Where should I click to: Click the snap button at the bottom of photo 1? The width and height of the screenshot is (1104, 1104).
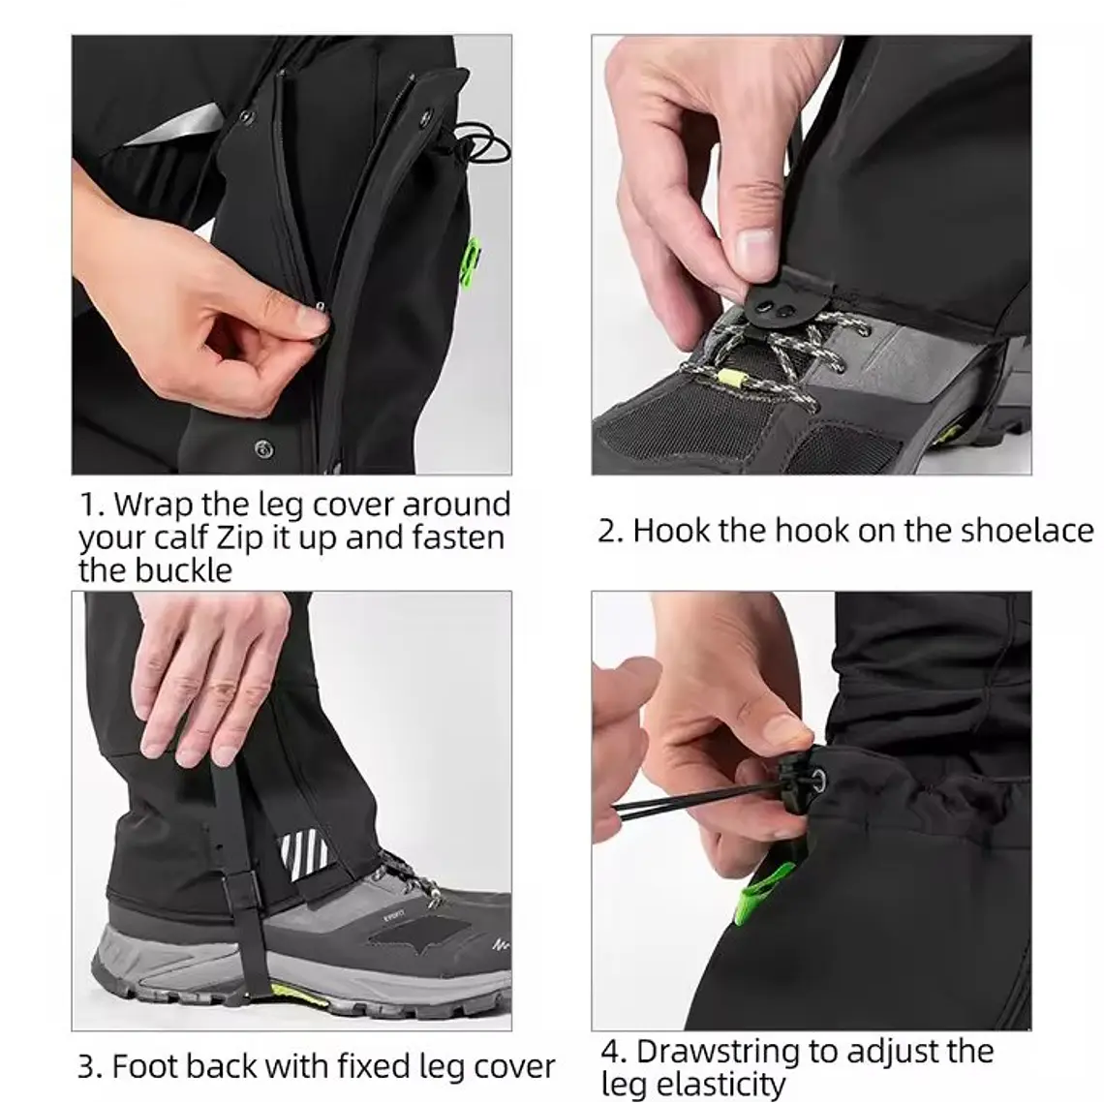click(262, 447)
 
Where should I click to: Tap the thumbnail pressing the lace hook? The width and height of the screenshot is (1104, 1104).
click(752, 250)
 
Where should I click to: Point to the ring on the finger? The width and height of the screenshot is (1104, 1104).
click(222, 690)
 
